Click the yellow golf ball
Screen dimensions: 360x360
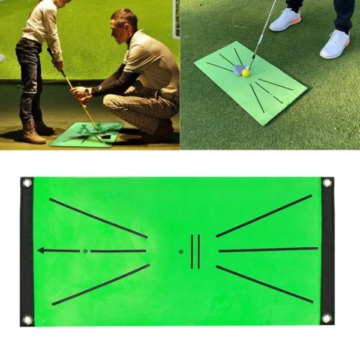[x=245, y=73]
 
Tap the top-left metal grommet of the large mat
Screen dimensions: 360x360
[x=26, y=182]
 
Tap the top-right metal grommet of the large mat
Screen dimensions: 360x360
[x=327, y=182]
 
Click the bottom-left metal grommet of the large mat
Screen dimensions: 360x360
[x=27, y=319]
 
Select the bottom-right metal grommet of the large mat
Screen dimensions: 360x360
[x=326, y=318]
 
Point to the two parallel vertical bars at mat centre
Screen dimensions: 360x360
[x=195, y=251]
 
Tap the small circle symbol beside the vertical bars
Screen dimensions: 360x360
[x=181, y=251]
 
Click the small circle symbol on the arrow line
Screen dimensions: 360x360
[x=85, y=250]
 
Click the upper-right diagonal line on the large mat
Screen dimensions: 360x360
[x=264, y=216]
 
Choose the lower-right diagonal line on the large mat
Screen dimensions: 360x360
[x=264, y=284]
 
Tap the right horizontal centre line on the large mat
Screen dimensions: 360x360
[x=268, y=249]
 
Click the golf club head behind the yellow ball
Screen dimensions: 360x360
[x=238, y=70]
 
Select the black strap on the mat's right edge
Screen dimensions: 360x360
[x=327, y=250]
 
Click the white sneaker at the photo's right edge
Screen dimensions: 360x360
[x=335, y=44]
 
